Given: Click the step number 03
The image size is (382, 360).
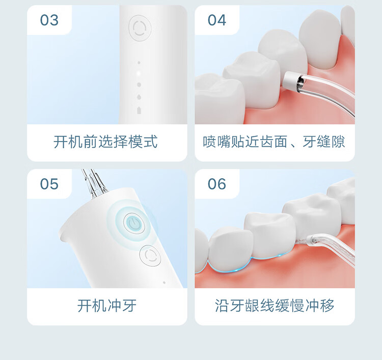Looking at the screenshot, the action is (49, 20).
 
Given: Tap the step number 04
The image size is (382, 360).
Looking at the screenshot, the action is (217, 20).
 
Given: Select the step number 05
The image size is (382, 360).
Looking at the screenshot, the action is (49, 184).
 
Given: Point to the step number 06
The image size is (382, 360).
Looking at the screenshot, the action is (217, 184).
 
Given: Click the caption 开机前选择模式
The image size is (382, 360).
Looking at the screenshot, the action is (105, 142).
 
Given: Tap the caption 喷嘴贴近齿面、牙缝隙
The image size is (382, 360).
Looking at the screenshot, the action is (274, 142).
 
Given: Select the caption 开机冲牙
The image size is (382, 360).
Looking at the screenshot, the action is (107, 306).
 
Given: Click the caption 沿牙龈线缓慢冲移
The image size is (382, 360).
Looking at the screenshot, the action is (275, 306).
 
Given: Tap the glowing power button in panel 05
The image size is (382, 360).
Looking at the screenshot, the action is (134, 224).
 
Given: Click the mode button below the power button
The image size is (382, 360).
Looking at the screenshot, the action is (150, 255).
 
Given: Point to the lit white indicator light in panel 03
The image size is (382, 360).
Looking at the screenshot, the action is (139, 73).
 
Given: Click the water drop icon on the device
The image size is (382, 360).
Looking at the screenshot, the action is (139, 97).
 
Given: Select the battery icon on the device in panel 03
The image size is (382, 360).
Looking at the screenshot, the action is (139, 110).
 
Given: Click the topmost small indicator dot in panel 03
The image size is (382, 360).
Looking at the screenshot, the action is (139, 63).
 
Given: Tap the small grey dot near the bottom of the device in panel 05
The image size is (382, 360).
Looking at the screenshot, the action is (164, 283).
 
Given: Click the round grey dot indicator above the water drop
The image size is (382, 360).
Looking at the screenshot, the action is (139, 85).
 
